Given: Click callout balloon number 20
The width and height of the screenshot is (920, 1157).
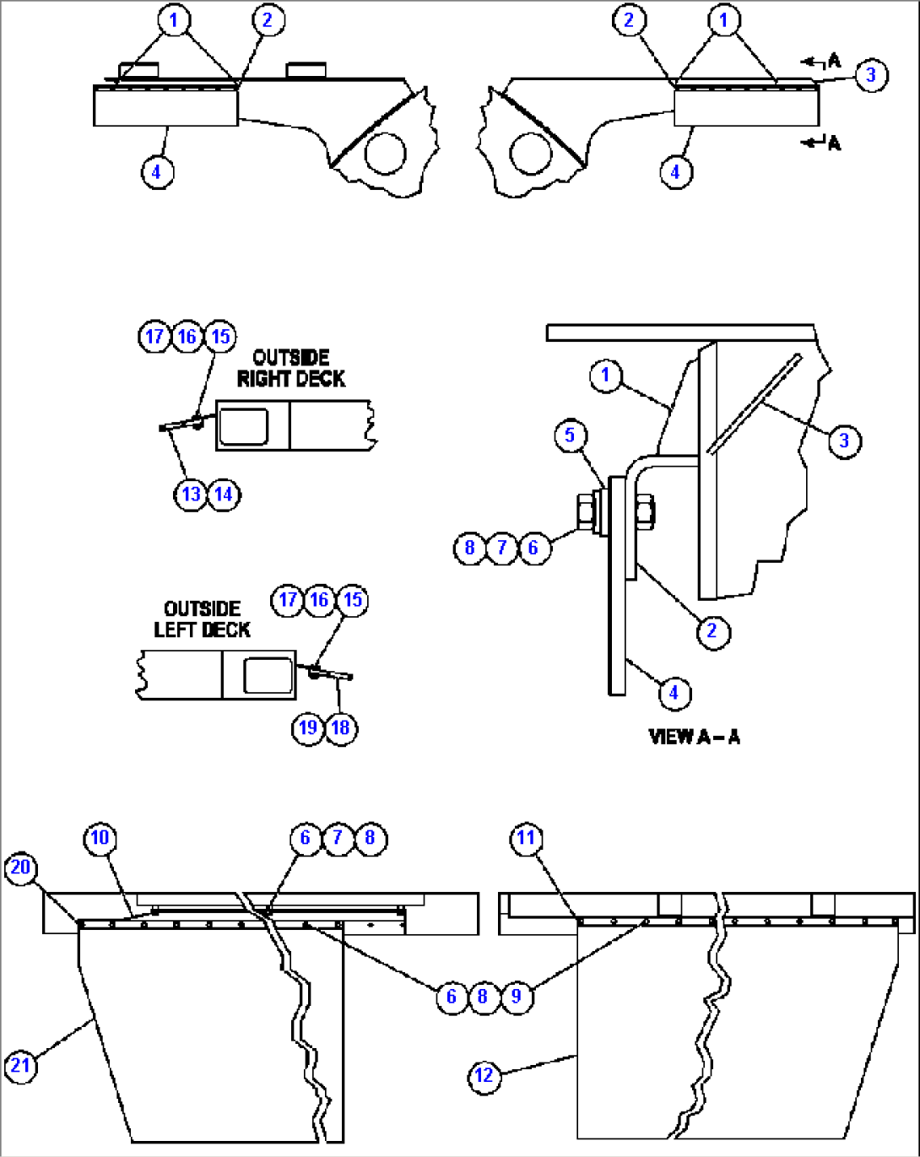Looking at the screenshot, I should (x=20, y=868).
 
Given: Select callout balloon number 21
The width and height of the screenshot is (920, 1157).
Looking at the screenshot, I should (x=20, y=1065).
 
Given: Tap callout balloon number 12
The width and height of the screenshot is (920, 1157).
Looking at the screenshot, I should (x=484, y=1076).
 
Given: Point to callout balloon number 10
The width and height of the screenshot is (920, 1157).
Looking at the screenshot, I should (x=100, y=838).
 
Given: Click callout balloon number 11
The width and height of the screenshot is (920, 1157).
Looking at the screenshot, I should (x=526, y=838).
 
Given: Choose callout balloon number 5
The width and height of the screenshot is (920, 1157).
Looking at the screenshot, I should (x=570, y=435).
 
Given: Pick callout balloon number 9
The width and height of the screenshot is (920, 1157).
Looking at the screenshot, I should (x=516, y=997).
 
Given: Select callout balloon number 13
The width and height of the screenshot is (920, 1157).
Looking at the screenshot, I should (x=192, y=494).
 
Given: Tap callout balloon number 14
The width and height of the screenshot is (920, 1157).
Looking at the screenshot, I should (x=224, y=494).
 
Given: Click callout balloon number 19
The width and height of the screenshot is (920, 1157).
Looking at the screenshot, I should (x=308, y=727).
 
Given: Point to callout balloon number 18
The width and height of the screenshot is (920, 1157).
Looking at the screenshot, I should (x=341, y=727).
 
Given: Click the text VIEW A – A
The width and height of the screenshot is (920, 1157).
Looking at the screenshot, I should (x=694, y=737).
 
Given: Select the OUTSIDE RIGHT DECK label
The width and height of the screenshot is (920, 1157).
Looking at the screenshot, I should (x=291, y=369).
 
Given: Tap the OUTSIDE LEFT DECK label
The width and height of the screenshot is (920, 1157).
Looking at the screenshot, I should (x=202, y=619).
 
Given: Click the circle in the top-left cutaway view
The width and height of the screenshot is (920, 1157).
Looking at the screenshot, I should (x=385, y=153).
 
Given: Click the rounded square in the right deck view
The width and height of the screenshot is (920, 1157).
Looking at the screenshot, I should (x=242, y=426).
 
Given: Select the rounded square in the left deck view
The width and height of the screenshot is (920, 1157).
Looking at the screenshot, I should (x=268, y=675).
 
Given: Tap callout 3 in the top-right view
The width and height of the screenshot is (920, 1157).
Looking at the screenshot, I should (x=871, y=75).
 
